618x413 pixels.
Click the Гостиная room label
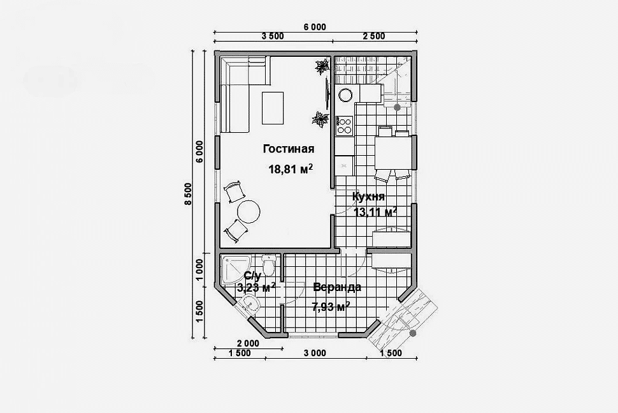pyautogui.click(x=289, y=149)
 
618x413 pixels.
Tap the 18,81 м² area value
pyautogui.click(x=291, y=169)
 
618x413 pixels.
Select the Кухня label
pyautogui.click(x=368, y=197)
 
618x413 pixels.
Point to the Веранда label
pyautogui.click(x=337, y=287)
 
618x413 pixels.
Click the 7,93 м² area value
pyautogui.click(x=331, y=306)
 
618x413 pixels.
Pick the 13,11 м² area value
pyautogui.click(x=375, y=212)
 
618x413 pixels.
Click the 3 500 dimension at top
pyautogui.click(x=273, y=36)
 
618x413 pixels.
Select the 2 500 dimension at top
pyautogui.click(x=374, y=36)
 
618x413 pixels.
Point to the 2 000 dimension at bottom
pyautogui.click(x=248, y=343)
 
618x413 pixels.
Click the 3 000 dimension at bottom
pyautogui.click(x=315, y=353)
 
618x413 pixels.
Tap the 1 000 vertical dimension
pyautogui.click(x=199, y=269)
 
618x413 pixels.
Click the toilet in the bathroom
pyautogui.click(x=268, y=266)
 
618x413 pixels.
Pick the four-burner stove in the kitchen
pyautogui.click(x=344, y=126)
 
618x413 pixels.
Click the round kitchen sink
pyautogui.click(x=346, y=94)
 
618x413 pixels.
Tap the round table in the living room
pyautogui.click(x=248, y=212)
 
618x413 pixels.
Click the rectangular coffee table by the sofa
pyautogui.click(x=273, y=108)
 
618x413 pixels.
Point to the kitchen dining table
pyautogui.click(x=392, y=153)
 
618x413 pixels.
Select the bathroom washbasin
pyautogui.click(x=250, y=303)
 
